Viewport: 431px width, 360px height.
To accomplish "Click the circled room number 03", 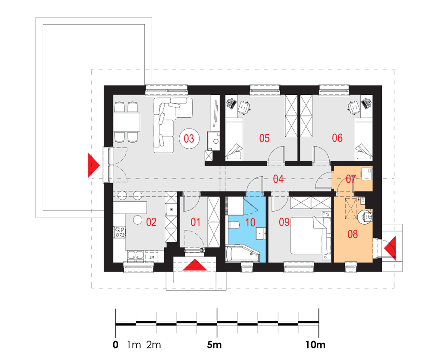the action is point(189,138).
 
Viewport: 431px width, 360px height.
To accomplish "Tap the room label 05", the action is point(265,138).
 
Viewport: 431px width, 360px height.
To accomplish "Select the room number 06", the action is point(337,138).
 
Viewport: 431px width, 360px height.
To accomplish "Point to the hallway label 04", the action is point(278,179).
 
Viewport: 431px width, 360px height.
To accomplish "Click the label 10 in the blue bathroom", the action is point(250,222).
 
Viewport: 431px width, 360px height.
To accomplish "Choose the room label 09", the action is point(284,222).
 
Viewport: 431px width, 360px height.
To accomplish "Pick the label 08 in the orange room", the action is point(353,234).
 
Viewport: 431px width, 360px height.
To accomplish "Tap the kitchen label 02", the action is point(151,222).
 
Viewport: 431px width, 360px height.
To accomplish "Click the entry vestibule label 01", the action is point(195,222).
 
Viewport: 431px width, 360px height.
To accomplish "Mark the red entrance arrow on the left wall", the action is point(93,165).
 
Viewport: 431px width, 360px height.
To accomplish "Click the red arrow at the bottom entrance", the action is point(195,265).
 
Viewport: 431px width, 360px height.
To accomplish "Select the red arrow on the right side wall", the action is point(390,248).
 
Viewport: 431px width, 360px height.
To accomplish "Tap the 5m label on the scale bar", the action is point(214,344).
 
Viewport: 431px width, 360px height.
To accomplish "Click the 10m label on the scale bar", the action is point(315,344).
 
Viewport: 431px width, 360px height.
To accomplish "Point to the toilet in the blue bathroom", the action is point(233,225).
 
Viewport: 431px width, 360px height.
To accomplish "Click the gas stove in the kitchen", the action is point(119,232).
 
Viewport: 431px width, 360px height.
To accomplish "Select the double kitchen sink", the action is point(135,256).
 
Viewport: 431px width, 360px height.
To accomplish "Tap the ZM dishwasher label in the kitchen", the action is point(152,257).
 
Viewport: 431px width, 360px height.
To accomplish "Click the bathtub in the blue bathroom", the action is point(242,253).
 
